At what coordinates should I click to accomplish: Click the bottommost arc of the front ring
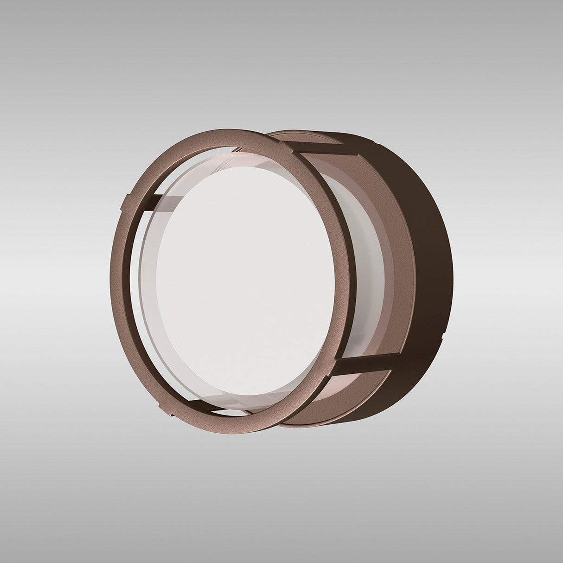point(250,429)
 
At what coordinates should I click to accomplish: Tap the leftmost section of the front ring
point(119,278)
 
